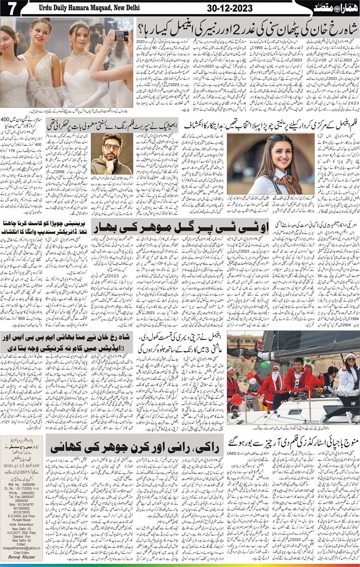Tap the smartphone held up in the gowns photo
[121, 36]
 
